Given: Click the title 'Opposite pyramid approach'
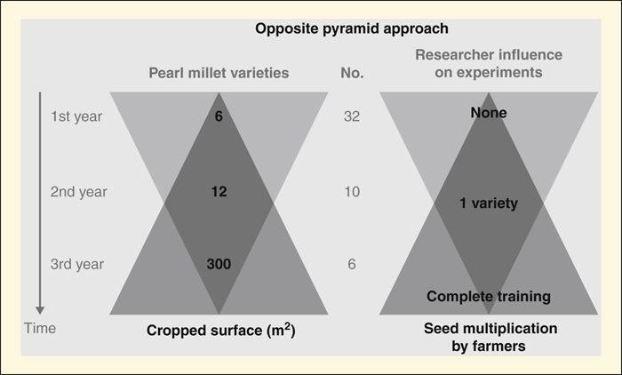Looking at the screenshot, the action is coord(352,28).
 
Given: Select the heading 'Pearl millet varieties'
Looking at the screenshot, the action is coord(219,73).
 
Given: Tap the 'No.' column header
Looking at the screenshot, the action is coord(352,73).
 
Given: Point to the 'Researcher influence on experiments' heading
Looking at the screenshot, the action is coord(489,63).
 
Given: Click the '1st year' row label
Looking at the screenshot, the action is coord(76,116).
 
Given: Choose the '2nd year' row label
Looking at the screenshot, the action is coord(78,192).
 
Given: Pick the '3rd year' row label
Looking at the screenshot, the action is coord(77,264).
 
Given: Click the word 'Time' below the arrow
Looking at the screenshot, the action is coord(40,328).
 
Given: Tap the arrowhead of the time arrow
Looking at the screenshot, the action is coord(40,310).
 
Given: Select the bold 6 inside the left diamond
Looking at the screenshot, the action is coord(219,116).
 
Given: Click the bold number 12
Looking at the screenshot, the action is coord(219,192).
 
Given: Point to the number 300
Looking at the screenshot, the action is coord(219,264).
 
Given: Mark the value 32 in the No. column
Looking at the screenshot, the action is coord(352,116).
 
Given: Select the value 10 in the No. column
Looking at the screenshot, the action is coord(352,192).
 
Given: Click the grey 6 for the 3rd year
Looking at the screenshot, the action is coord(352,264).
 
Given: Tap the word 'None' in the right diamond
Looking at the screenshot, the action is coord(489,113).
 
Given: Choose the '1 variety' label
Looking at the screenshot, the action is coord(489,203).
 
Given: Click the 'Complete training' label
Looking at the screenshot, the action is coord(489,297).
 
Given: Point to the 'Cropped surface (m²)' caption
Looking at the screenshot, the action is coord(221,331).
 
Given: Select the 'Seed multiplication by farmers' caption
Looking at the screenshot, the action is coord(490,338).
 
